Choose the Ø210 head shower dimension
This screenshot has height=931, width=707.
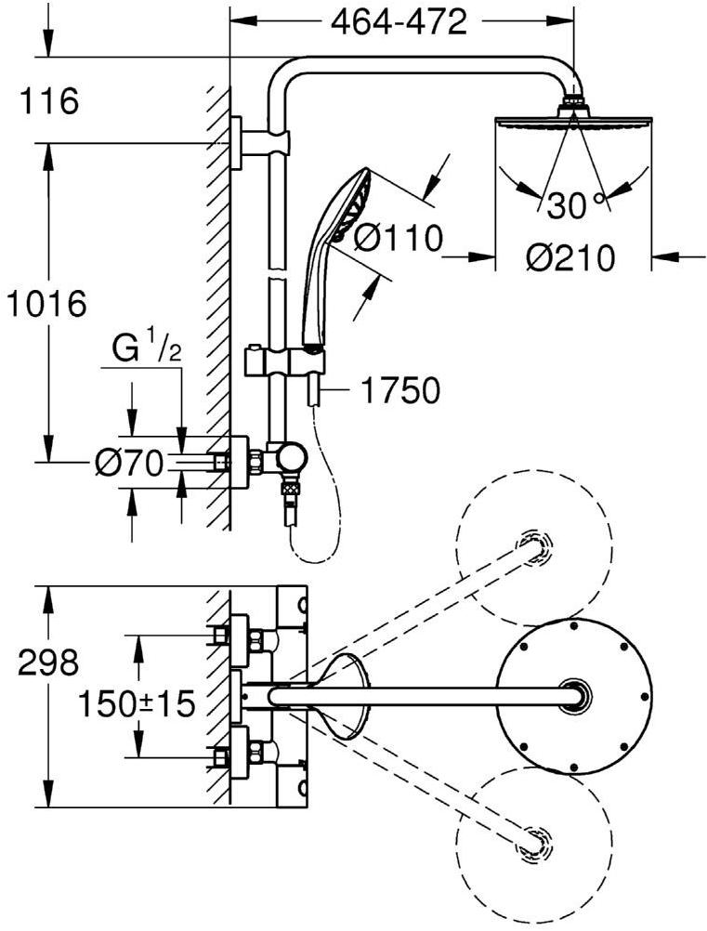click(570, 259)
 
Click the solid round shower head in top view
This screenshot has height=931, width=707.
click(575, 692)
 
